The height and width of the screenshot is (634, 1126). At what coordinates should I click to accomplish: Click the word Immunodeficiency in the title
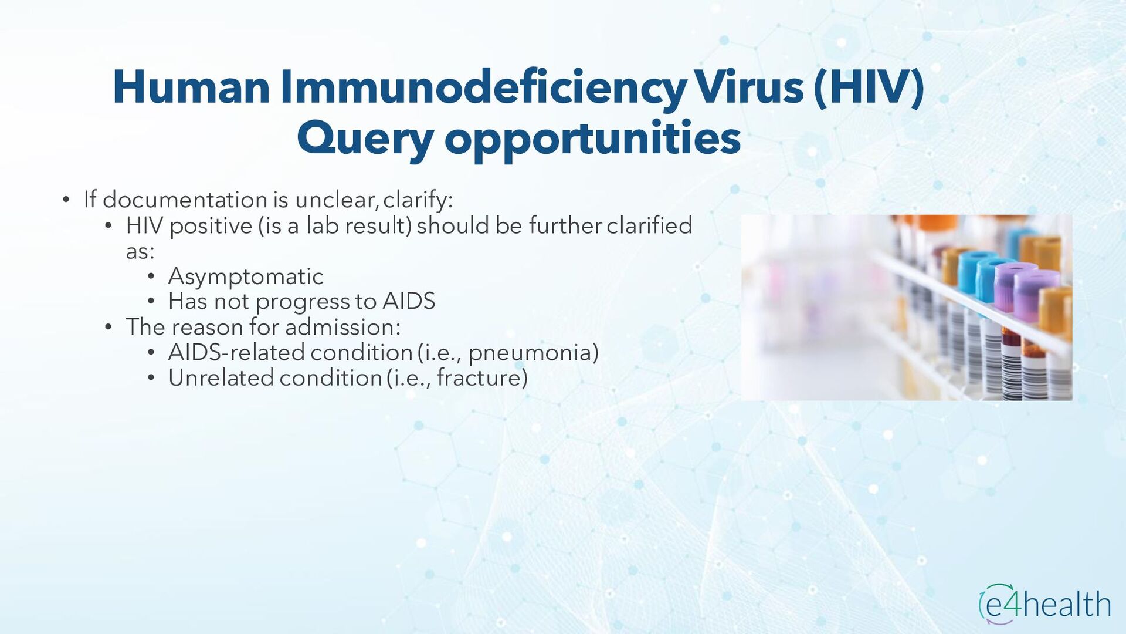[x=483, y=87]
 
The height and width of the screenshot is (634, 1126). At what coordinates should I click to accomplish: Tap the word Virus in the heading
[x=749, y=86]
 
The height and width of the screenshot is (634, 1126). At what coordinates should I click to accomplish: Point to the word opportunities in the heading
[x=592, y=139]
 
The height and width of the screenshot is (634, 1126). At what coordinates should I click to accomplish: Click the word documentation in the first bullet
[x=185, y=200]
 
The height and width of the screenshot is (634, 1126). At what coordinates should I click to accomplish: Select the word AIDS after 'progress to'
[x=409, y=301]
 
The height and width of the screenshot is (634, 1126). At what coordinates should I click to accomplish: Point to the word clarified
[x=649, y=225]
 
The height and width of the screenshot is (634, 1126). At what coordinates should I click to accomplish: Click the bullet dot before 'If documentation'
[x=66, y=200]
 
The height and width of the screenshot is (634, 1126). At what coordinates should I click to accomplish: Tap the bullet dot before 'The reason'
[x=108, y=328]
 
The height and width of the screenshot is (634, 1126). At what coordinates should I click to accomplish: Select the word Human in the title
[x=191, y=87]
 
